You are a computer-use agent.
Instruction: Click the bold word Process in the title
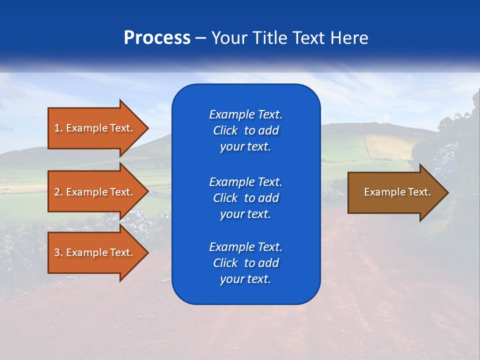157,38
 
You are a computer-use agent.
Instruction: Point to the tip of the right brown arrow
447,192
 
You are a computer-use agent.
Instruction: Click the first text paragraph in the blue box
245,130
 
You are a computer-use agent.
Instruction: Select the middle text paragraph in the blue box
245,198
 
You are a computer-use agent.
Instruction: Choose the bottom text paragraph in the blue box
245,263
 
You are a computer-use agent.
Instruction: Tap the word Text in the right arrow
419,192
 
